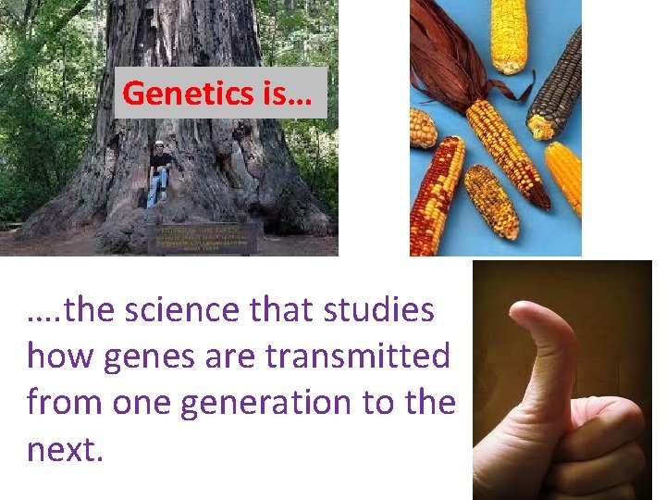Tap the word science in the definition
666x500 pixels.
[194, 310]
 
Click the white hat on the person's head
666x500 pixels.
[158, 144]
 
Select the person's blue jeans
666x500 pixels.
[155, 189]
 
